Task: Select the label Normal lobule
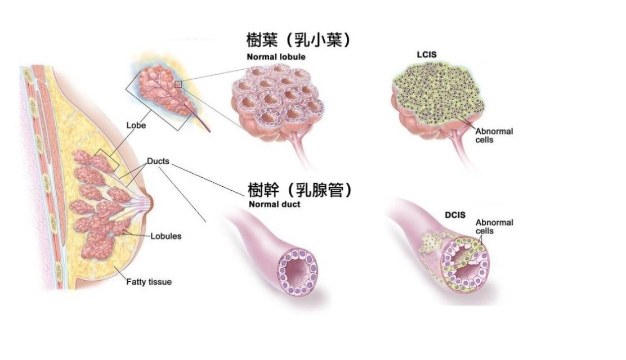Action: pyautogui.click(x=274, y=57)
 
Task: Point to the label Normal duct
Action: pyautogui.click(x=274, y=205)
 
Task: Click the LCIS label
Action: pyautogui.click(x=427, y=55)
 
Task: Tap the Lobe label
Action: pyautogui.click(x=137, y=125)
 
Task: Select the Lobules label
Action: pyautogui.click(x=166, y=236)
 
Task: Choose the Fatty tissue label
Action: pyautogui.click(x=149, y=281)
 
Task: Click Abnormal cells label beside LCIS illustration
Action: pyautogui.click(x=494, y=135)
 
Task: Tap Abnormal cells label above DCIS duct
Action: pyautogui.click(x=494, y=227)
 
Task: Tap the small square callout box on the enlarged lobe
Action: pyautogui.click(x=178, y=84)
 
